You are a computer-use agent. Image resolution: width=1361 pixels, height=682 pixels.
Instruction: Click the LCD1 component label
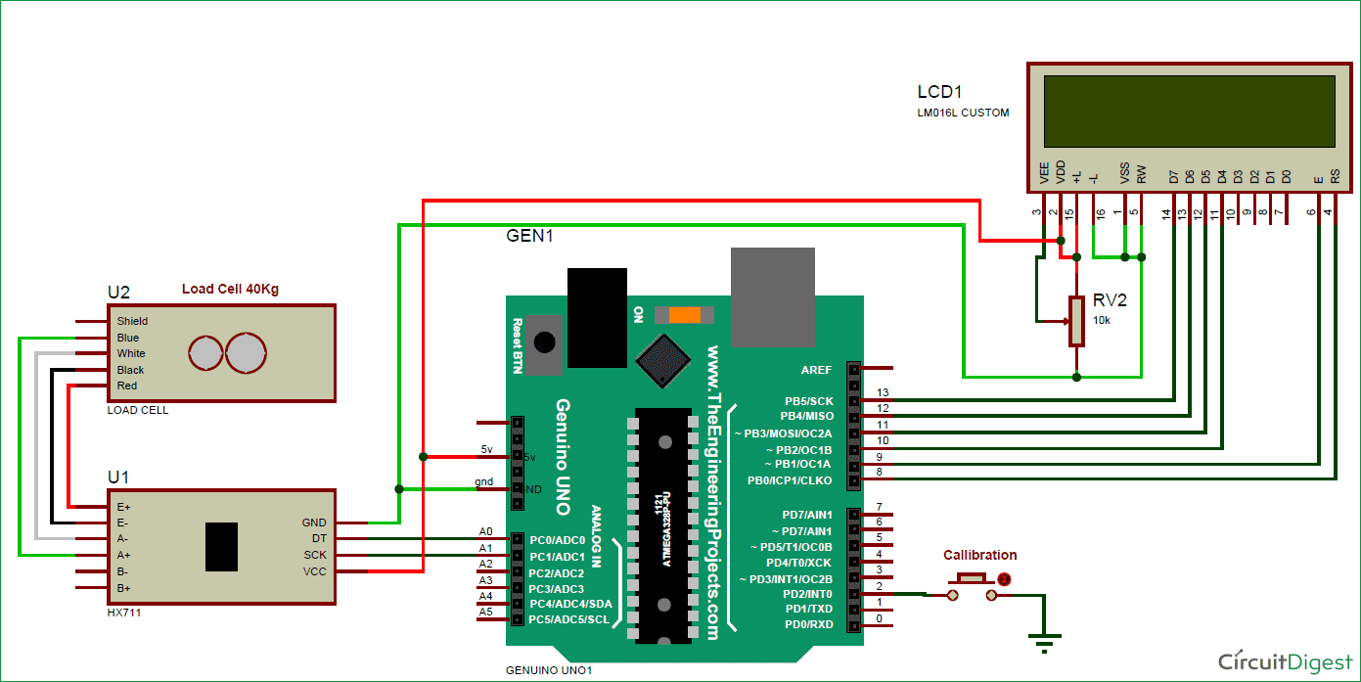click(x=939, y=92)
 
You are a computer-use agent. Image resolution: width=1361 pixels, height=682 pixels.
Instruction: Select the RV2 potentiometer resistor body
click(x=1076, y=321)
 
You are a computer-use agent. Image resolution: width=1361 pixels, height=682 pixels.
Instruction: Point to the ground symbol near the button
click(x=1045, y=643)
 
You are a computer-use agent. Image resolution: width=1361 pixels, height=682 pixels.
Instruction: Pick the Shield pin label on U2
click(x=132, y=321)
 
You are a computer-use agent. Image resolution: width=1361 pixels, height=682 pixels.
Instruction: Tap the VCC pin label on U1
click(x=314, y=571)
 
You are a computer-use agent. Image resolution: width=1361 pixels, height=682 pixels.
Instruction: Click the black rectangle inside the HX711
click(x=221, y=547)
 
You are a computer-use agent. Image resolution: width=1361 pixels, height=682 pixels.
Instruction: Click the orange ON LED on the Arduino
click(x=685, y=315)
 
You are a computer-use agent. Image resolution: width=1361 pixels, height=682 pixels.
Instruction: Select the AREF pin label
click(x=815, y=370)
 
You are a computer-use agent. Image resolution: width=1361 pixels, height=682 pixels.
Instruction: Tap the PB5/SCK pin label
click(x=808, y=401)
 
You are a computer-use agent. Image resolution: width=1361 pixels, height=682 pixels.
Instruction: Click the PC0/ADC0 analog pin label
click(x=556, y=540)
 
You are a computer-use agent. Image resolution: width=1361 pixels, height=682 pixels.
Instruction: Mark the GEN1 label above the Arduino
click(x=529, y=236)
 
